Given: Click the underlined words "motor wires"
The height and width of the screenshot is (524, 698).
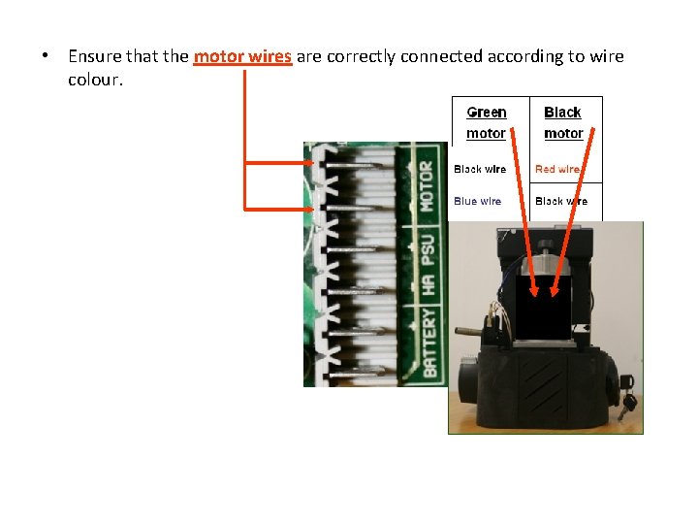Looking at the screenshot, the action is tap(242, 56).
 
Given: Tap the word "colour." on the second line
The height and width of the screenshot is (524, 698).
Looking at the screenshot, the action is tap(95, 79).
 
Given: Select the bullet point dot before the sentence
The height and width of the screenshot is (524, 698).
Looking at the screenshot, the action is tap(46, 56).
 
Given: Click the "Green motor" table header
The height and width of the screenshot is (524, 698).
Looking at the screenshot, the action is tap(487, 122).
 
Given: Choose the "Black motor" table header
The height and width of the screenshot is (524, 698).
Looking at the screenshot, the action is tap(563, 122).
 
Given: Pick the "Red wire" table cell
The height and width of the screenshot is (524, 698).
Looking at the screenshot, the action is tap(558, 169).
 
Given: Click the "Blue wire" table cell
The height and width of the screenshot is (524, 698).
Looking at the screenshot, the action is tap(478, 201).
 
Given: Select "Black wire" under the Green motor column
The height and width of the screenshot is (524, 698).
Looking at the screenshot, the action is tap(480, 169).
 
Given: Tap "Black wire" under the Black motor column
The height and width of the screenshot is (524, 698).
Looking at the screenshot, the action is tap(561, 201).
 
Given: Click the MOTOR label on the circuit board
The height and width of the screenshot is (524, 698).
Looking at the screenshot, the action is tap(427, 186).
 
